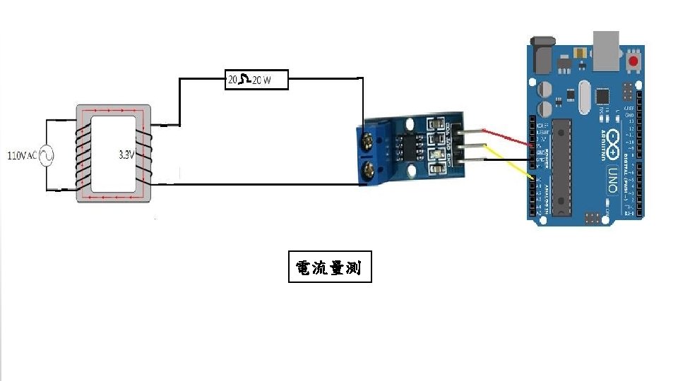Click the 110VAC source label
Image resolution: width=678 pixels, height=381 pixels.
click(x=20, y=155)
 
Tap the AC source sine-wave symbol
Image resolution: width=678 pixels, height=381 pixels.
click(x=47, y=155)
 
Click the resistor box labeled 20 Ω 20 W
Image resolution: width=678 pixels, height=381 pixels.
click(x=257, y=80)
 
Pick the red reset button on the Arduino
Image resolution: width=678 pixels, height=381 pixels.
click(x=633, y=62)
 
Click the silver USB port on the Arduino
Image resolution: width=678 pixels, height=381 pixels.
click(x=607, y=51)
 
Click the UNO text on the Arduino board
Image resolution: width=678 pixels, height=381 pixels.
click(x=612, y=179)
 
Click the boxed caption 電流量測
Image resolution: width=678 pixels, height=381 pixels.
click(x=330, y=267)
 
